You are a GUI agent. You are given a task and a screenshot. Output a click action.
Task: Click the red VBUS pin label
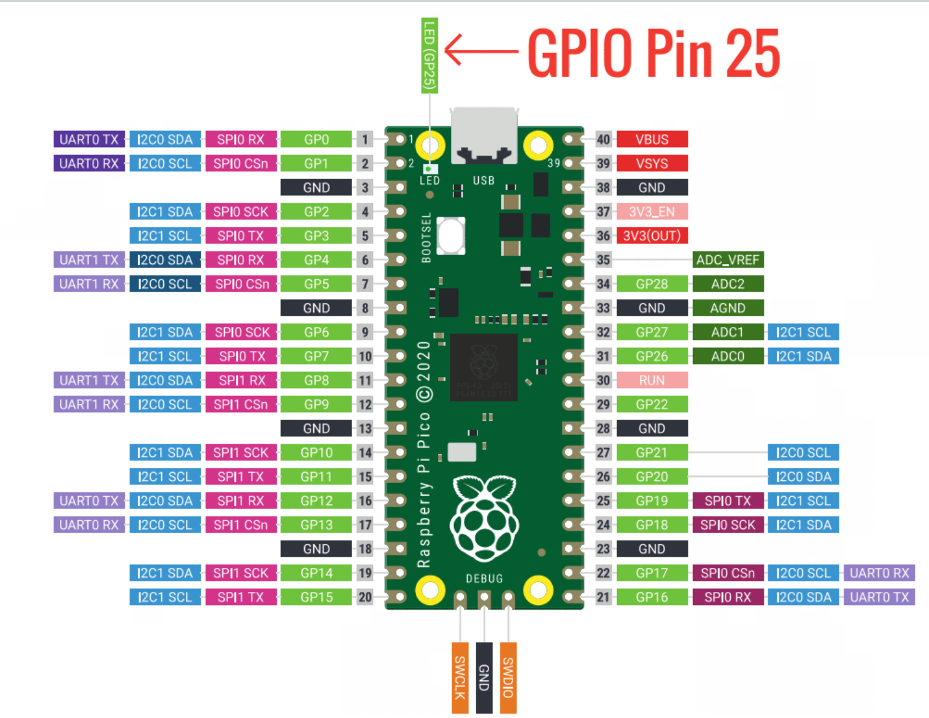click(652, 140)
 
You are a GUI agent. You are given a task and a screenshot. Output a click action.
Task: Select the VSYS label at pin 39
click(652, 164)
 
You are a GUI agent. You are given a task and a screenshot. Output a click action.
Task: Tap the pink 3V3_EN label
click(652, 212)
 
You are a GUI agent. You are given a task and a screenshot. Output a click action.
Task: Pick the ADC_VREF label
click(728, 260)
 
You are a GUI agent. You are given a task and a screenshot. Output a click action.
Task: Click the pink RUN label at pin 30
click(652, 381)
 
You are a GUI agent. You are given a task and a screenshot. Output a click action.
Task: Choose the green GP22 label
click(652, 405)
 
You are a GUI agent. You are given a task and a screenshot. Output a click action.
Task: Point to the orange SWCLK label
click(460, 678)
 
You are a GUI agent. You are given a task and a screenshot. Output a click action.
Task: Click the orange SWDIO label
click(508, 678)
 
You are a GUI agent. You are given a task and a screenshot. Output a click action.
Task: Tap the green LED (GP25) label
click(429, 56)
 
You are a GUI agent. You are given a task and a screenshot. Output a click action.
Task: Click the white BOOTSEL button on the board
click(451, 235)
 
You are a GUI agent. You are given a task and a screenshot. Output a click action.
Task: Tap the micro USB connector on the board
click(484, 136)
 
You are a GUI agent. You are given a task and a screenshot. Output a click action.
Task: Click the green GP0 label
click(316, 140)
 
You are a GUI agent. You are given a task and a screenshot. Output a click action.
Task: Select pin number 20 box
click(365, 598)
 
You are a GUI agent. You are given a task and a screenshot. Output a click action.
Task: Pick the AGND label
click(728, 308)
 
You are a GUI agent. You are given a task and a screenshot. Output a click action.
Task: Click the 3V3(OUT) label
click(652, 236)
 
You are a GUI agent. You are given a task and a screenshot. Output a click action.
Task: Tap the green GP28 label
click(652, 284)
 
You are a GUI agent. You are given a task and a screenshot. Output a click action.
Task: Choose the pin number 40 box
click(603, 140)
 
